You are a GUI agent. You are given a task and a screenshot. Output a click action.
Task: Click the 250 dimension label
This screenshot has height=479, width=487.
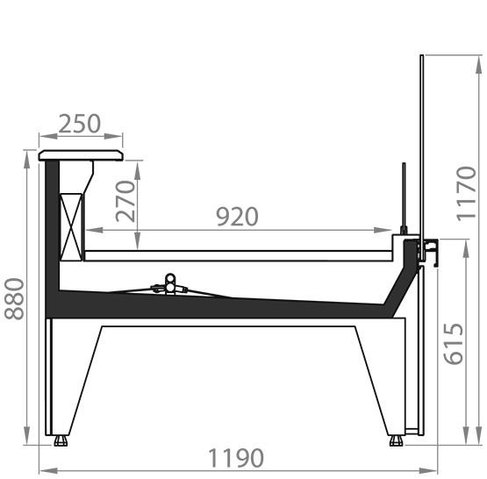pyautogui.click(x=80, y=124)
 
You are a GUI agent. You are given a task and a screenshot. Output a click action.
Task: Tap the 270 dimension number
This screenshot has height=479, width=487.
pyautogui.click(x=125, y=202)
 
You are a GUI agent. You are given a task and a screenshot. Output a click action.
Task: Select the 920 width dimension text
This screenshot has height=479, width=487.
pyautogui.click(x=237, y=217)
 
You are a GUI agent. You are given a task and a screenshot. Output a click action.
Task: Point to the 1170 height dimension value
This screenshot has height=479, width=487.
pyautogui.click(x=466, y=194)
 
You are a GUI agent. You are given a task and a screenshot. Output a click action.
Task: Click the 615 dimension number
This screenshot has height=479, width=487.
pyautogui.click(x=454, y=344)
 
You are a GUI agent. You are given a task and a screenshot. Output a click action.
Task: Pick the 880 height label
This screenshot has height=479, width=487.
pyautogui.click(x=14, y=298)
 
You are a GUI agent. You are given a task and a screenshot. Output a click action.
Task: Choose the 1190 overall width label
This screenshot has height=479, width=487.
pyautogui.click(x=236, y=458)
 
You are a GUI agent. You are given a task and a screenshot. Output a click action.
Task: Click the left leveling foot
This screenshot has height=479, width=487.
pyautogui.click(x=61, y=440)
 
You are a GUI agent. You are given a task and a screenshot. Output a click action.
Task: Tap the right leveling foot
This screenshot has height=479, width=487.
pyautogui.click(x=396, y=440)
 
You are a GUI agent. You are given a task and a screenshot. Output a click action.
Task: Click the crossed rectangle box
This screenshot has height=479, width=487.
pyautogui.click(x=71, y=227)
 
